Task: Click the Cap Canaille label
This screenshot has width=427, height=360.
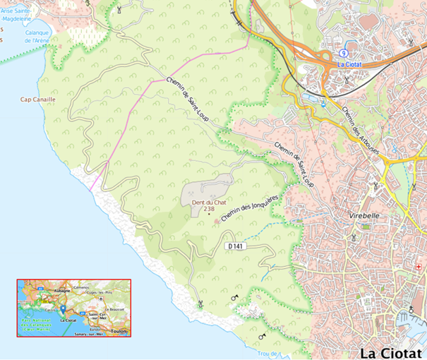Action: click(x=37, y=100)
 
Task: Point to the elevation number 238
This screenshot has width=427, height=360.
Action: click(x=209, y=209)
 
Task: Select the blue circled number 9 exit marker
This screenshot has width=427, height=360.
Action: click(x=343, y=54)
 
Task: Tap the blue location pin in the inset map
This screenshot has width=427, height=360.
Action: click(x=62, y=309)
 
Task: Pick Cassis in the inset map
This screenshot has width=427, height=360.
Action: click(x=49, y=308)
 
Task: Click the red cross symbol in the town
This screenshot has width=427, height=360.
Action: click(x=419, y=267)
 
